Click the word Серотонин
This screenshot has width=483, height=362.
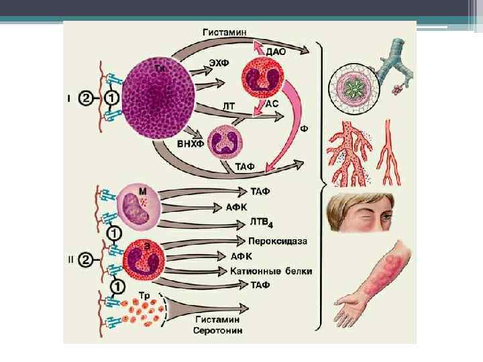pyautogui.click(x=219, y=330)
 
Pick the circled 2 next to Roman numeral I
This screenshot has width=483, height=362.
pyautogui.click(x=85, y=99)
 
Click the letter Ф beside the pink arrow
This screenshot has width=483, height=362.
pyautogui.click(x=303, y=128)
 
